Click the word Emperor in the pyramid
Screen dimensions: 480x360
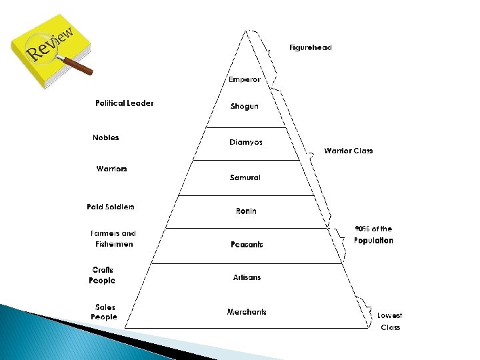(244, 79)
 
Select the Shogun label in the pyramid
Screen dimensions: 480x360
(244, 107)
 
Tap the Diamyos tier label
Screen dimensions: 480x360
(246, 142)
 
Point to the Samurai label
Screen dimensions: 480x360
(245, 177)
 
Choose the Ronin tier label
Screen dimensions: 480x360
(246, 211)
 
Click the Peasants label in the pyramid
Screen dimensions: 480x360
(247, 245)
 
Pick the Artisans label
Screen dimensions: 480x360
(247, 277)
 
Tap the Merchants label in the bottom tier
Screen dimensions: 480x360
(247, 312)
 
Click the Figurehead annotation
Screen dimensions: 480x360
(310, 48)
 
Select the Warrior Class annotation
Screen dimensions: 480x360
(348, 151)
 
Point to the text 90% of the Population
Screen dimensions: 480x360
(373, 235)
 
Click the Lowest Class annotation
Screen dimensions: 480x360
(390, 321)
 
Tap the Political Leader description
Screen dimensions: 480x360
(124, 103)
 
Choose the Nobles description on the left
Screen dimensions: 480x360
(106, 138)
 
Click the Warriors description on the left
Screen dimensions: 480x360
(111, 169)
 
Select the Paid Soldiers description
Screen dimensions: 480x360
(111, 207)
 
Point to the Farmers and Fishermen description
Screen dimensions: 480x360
(113, 239)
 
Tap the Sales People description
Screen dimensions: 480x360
(104, 312)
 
